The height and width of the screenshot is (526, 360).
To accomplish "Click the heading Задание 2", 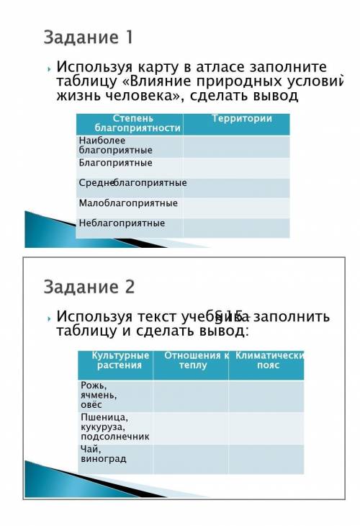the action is click(89, 287).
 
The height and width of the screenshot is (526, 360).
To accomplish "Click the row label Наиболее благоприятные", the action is click(115, 146).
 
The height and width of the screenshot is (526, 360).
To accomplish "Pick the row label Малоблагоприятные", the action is click(128, 203).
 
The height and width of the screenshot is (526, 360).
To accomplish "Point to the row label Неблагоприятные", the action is click(122, 223).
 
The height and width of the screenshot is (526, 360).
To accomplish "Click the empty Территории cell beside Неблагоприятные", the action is click(236, 227).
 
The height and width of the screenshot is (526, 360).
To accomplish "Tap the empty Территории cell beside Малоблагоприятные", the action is click(236, 208).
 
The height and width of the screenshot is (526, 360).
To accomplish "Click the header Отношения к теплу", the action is click(192, 360).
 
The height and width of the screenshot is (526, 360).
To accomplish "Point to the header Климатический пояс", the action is click(266, 360).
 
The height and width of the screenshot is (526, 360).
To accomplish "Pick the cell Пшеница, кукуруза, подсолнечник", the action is click(114, 427).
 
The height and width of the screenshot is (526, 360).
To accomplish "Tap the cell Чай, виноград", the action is click(103, 454).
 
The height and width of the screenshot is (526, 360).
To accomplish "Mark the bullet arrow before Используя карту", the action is click(49, 67).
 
